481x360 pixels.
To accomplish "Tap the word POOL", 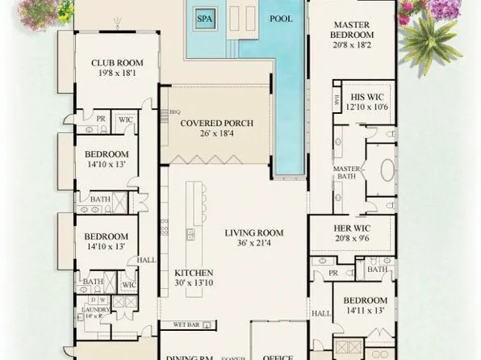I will [x=280, y=17].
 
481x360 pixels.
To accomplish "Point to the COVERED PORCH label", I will [x=216, y=123].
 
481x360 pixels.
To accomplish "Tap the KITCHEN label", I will [x=194, y=273].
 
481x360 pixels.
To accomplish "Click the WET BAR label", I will [x=184, y=324].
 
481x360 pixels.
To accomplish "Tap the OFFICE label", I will [x=278, y=355].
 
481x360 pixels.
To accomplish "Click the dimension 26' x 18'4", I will [x=216, y=133].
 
